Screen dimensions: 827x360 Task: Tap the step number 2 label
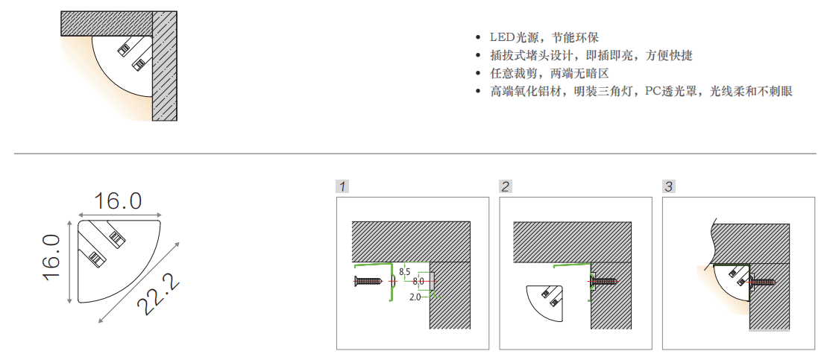[506, 186]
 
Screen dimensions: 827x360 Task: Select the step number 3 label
[669, 186]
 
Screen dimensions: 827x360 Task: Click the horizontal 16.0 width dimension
[118, 200]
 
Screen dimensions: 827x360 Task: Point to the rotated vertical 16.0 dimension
[51, 259]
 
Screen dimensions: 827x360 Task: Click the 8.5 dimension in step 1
[404, 272]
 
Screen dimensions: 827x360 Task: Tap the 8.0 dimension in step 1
[418, 282]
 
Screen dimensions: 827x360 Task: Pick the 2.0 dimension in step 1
[415, 297]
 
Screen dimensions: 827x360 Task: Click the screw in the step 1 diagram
[368, 282]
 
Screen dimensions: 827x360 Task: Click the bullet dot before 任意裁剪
[478, 74]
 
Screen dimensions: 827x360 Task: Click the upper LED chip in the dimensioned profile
[117, 238]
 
